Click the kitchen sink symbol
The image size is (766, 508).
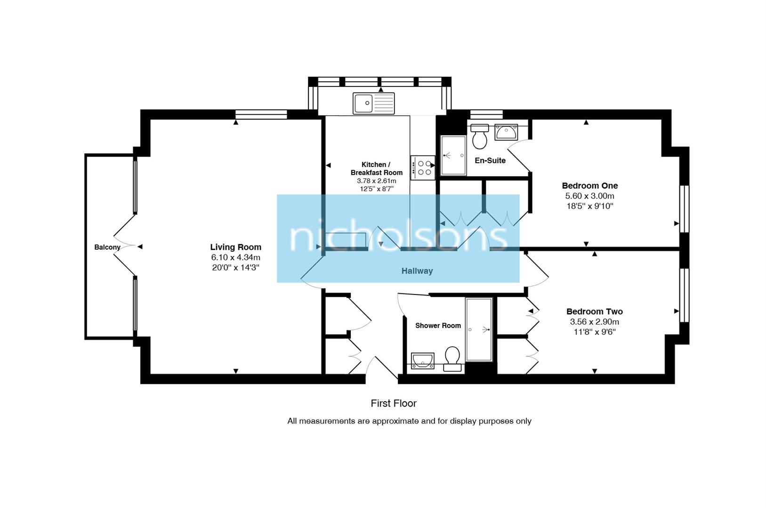(374, 103)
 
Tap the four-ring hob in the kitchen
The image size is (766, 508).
(422, 168)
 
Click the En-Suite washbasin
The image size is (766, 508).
(506, 132)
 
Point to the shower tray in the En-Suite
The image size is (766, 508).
(453, 155)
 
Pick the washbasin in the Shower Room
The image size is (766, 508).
(422, 361)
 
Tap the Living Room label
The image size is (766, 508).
(235, 247)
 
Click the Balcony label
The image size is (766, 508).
(107, 247)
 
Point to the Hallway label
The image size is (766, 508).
(417, 271)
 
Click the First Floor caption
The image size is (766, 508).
(394, 403)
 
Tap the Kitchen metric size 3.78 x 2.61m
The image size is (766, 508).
(376, 181)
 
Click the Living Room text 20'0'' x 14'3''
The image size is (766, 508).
(235, 268)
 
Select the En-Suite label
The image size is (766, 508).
(490, 160)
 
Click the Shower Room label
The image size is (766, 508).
(438, 325)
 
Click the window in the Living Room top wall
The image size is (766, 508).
(261, 114)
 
